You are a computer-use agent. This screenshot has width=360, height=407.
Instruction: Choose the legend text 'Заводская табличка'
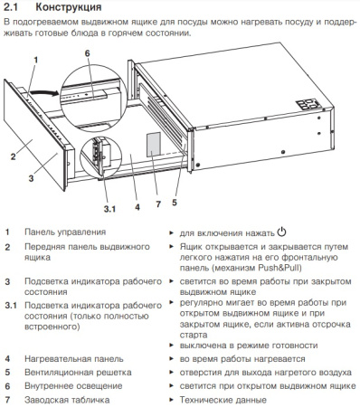point(67,397)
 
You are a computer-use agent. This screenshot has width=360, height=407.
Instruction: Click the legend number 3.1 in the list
point(9,308)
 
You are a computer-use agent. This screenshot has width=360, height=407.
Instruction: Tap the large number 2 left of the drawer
point(13,156)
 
